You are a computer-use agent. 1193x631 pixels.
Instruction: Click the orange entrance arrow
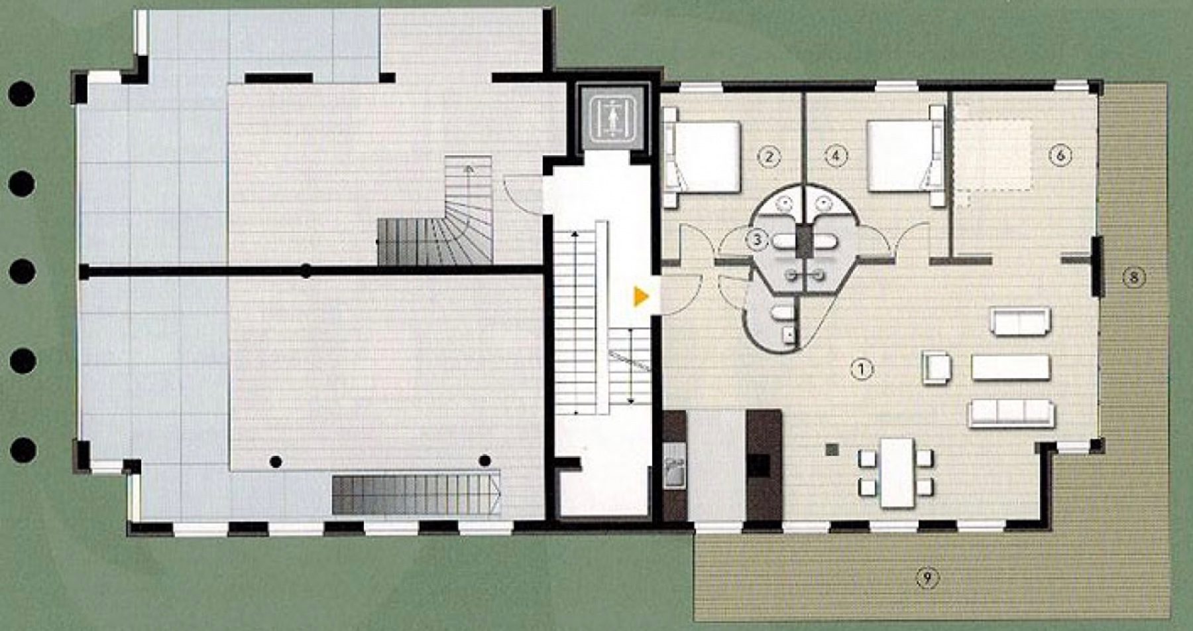[640, 297]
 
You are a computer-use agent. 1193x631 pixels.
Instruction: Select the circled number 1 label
[861, 369]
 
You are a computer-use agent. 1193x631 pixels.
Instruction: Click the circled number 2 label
[769, 157]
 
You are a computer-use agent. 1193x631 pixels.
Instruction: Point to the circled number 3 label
[757, 239]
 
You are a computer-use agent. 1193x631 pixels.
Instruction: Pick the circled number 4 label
[836, 157]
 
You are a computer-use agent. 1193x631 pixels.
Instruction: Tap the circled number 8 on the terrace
[1133, 277]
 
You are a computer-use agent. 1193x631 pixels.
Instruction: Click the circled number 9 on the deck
[927, 579]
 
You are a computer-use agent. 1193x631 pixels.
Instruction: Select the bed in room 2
[702, 157]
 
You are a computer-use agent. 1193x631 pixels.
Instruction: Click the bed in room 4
[905, 157]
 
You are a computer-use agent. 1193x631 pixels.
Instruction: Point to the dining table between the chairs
[897, 472]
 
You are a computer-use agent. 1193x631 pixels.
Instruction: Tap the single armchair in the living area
[937, 368]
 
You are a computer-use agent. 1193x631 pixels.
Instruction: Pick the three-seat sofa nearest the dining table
[1011, 413]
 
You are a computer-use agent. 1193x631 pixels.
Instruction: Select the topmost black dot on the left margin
[21, 94]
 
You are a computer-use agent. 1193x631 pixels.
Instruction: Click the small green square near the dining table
[832, 450]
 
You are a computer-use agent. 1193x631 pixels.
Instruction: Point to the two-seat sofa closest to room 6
[1021, 321]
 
